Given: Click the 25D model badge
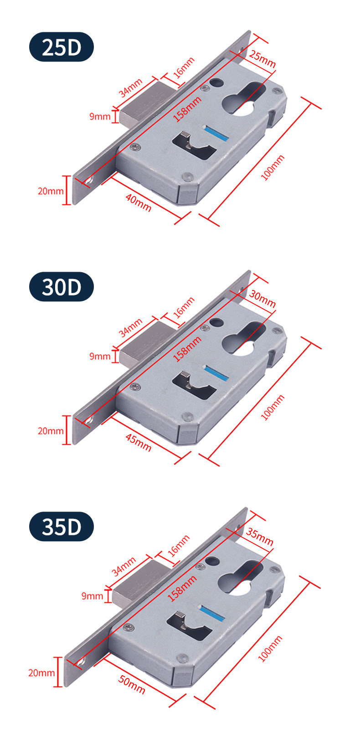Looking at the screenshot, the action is pyautogui.click(x=61, y=47).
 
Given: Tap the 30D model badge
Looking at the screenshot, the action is pyautogui.click(x=61, y=287).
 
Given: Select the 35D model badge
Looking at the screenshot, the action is pyautogui.click(x=61, y=526).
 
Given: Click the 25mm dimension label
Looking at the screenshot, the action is pyautogui.click(x=262, y=59).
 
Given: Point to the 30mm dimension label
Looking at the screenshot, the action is pyautogui.click(x=262, y=299).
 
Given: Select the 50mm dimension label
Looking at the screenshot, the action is pyautogui.click(x=132, y=684).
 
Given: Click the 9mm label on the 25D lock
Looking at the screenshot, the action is pyautogui.click(x=100, y=116).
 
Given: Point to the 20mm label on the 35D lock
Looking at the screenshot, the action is pyautogui.click(x=41, y=673).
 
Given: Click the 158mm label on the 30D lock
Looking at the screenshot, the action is pyautogui.click(x=187, y=349).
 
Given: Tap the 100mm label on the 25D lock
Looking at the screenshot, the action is pyautogui.click(x=273, y=167).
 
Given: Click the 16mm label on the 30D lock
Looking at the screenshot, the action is pyautogui.click(x=184, y=306).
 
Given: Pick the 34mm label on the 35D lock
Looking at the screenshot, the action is pyautogui.click(x=124, y=566).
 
